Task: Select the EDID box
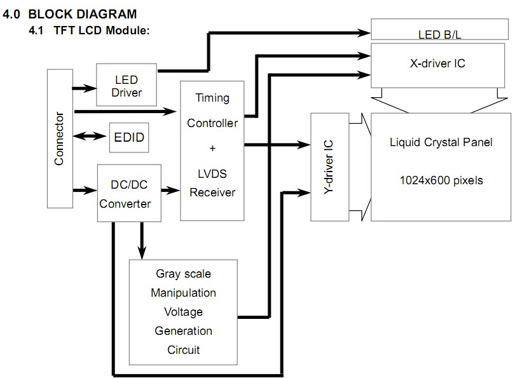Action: pos(129,137)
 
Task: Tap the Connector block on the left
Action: pos(60,138)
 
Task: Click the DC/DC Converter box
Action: pos(128,193)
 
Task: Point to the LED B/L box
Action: pos(439,32)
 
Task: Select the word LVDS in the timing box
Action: pos(212,173)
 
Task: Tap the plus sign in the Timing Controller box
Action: pos(212,148)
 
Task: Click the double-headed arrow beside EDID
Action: pos(90,136)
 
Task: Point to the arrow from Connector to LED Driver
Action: pos(83,88)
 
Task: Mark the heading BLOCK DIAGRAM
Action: pos(82,14)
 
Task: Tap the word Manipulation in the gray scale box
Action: pos(183,293)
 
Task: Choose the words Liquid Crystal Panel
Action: pos(441,142)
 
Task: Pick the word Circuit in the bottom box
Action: pos(183,350)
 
